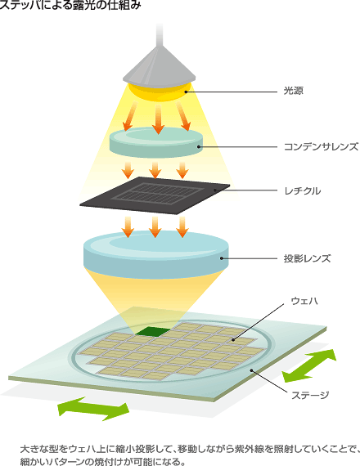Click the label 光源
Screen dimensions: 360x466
tap(294, 91)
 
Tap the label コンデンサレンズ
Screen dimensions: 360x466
tap(321, 147)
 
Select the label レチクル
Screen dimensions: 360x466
tap(303, 190)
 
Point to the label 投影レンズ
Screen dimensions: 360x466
tap(307, 258)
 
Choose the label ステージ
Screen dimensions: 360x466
tap(310, 395)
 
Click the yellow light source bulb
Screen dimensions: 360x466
tap(160, 92)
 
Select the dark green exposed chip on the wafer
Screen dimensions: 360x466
tap(152, 332)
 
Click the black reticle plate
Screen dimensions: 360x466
tap(155, 195)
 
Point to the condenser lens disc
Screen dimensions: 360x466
tap(156, 142)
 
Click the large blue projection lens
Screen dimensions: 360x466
tap(156, 255)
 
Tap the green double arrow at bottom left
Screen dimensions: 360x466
tap(93, 409)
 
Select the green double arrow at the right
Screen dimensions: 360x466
tap(309, 365)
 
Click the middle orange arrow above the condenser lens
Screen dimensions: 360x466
tap(158, 119)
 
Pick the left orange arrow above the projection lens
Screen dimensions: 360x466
tap(128, 227)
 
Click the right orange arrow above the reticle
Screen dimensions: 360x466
tap(182, 170)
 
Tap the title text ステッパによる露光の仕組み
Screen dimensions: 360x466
tap(70, 5)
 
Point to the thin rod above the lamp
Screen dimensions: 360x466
tap(160, 35)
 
